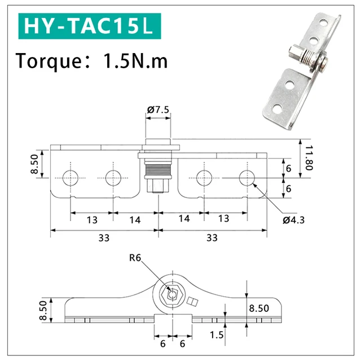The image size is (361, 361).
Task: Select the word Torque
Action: point(46,60)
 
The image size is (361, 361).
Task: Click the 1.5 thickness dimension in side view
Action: point(217,335)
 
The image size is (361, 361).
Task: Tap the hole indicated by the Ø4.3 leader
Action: point(246,178)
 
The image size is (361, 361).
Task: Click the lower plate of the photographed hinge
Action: point(285,93)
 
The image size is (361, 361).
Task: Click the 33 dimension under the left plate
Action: point(103,237)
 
